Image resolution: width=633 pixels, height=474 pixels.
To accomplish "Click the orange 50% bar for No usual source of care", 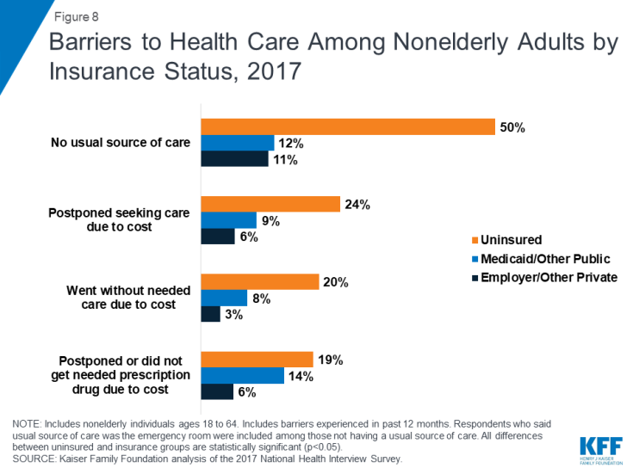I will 347,126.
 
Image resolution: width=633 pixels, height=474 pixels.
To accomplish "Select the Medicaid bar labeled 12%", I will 237,143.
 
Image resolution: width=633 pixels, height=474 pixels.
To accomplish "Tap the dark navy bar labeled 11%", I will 234,159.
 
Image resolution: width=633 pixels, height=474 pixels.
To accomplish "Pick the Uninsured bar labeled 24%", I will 270,204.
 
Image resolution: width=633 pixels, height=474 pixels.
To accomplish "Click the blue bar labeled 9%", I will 228,220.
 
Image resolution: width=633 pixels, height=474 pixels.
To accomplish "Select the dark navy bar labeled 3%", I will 210,314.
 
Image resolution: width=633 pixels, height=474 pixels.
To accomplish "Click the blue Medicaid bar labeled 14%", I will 242,375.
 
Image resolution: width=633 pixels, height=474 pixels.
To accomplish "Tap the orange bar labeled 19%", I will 257,359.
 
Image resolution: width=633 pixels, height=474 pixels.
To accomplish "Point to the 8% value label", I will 261,299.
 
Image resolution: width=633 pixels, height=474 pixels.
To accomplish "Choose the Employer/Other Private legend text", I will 549,277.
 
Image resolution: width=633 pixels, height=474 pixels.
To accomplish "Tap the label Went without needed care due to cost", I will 121,298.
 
